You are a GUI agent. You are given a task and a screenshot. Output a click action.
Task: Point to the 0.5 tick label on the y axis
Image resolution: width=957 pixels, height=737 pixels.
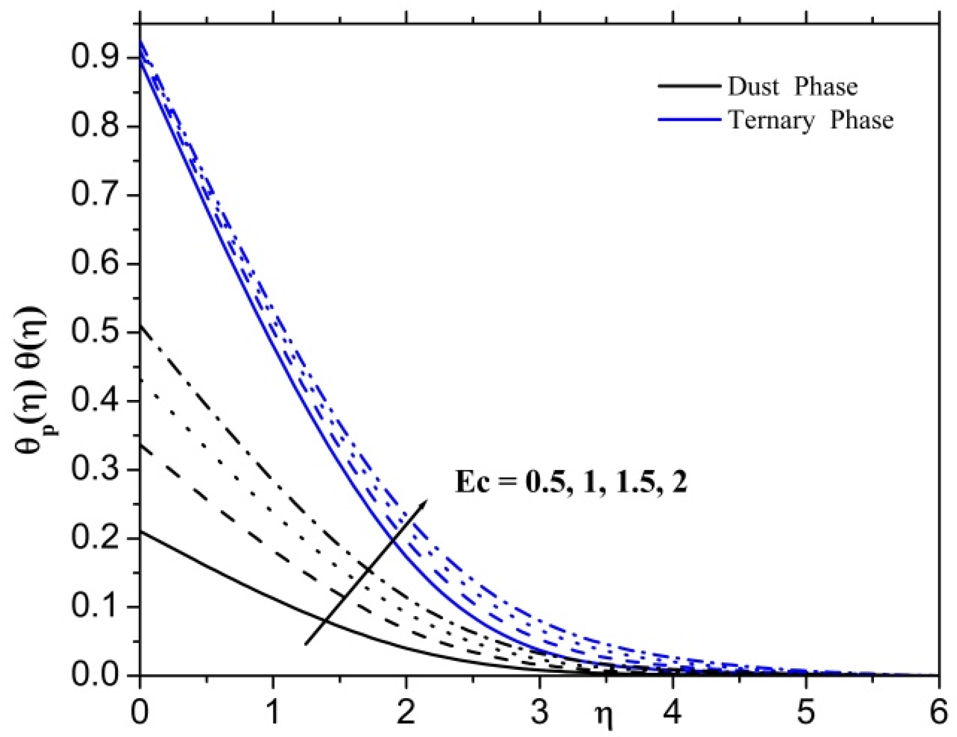(94, 332)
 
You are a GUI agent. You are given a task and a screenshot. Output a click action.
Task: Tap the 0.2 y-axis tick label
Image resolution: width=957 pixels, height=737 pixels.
(94, 538)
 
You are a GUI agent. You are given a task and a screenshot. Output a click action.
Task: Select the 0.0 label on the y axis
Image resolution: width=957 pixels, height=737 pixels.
(94, 675)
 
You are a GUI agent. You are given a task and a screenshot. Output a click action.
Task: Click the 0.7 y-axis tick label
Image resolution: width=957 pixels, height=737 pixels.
(94, 195)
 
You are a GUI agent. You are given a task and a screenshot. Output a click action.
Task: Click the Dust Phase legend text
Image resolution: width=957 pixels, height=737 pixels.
(792, 87)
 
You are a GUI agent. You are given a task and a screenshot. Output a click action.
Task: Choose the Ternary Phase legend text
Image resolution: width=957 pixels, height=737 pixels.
(811, 120)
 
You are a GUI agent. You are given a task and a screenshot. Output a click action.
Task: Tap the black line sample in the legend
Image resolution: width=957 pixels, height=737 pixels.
(689, 86)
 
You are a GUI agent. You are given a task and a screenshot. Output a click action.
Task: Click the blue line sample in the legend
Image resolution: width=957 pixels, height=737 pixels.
(689, 119)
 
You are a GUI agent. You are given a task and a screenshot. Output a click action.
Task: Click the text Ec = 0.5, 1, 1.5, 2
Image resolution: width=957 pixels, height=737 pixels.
(571, 482)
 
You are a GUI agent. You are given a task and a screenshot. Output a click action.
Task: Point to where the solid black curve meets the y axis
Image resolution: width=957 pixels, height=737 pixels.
(140, 531)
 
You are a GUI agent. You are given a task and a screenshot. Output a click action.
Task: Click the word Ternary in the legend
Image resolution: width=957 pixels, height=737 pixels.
(771, 120)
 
